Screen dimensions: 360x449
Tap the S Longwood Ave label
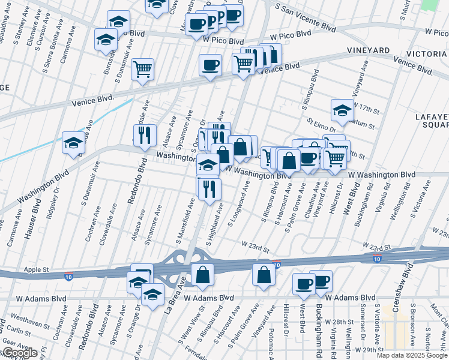[238, 207]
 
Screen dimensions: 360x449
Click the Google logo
[19, 353]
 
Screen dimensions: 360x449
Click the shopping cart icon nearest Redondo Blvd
[143, 70]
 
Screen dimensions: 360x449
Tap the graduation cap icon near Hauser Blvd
[73, 143]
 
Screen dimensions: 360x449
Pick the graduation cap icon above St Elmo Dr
[342, 110]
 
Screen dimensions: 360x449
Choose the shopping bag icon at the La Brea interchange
[203, 275]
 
